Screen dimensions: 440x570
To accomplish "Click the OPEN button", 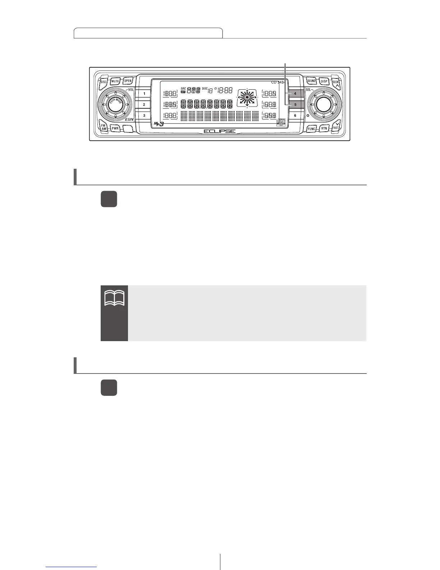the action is pos(128,81).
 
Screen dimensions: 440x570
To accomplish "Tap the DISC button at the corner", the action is pos(104,82).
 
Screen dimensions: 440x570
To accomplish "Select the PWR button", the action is pos(115,128).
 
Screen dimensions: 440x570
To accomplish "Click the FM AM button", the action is pos(104,127).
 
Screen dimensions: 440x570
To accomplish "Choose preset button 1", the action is pos(144,94).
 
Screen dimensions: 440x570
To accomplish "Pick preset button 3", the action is pos(144,116).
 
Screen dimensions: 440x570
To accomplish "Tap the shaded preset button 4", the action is pos(295,94).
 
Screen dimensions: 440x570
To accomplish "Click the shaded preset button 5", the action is pos(295,105).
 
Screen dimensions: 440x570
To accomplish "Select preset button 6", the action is pos(295,116).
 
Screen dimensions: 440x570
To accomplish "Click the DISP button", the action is pos(324,82).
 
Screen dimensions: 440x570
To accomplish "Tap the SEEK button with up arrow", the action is pos(336,83).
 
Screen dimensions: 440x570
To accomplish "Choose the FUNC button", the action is pos(311,128).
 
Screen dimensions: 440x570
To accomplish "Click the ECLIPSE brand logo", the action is pos(220,131).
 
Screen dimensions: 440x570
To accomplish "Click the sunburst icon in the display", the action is pos(247,97).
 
